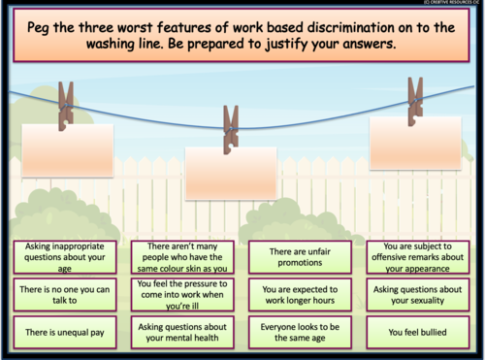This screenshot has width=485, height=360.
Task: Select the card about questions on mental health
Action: [181, 333]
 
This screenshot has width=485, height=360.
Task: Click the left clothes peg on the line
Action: [66, 104]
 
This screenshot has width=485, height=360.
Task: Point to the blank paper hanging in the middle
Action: [231, 175]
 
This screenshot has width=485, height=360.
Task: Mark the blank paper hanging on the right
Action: [416, 145]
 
